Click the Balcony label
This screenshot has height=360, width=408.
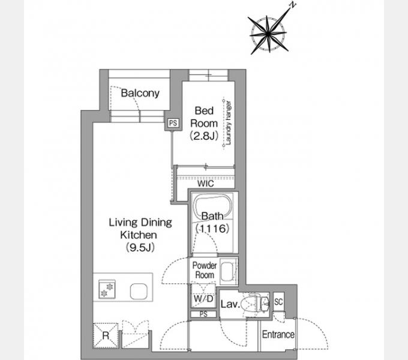point(140,94)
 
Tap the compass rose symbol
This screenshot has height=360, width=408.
point(268,34)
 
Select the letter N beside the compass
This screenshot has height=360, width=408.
point(293,5)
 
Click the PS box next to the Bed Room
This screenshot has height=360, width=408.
point(173,123)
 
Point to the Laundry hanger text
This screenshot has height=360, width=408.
point(228,123)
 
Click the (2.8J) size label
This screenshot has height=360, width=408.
point(204,136)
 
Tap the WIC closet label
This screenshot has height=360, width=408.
point(206,184)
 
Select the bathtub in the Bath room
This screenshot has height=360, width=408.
point(213,208)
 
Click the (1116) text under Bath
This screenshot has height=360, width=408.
point(212,229)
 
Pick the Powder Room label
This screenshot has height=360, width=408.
point(205,270)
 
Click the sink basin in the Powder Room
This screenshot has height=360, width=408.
point(228,272)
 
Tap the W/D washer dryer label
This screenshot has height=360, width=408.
point(204,299)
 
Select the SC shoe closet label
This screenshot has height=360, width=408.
point(278,302)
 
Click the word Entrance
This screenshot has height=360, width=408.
point(278,335)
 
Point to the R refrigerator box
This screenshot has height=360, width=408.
point(106,335)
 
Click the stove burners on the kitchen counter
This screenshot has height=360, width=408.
point(107,289)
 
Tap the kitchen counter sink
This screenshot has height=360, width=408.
point(139,292)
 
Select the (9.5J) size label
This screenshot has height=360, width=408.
point(140,247)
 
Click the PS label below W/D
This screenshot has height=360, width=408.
point(203,314)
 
